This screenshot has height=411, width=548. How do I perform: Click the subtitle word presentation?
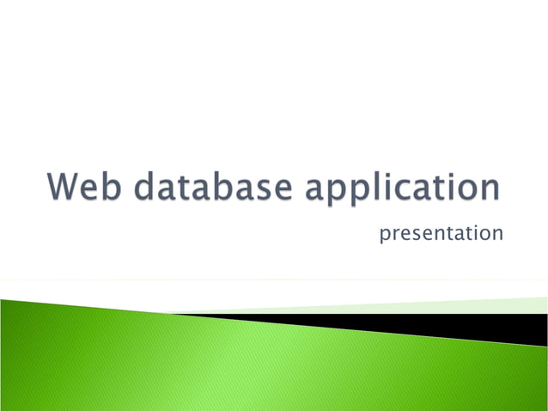441,233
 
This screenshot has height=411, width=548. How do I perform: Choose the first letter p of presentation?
385,235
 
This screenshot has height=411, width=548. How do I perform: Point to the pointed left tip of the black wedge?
176,315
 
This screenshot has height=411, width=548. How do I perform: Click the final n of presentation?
497,234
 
